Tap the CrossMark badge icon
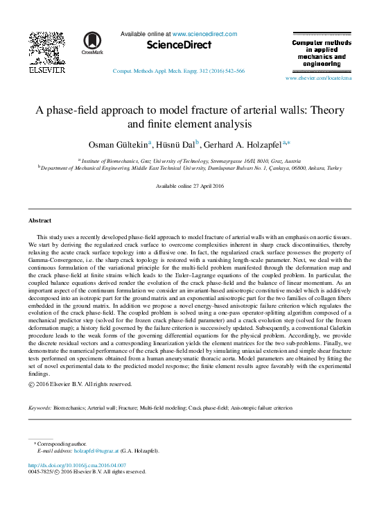91,42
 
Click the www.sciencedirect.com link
204,33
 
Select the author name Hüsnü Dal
178,144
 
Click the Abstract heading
40,220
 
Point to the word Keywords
40,408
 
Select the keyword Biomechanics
71,408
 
